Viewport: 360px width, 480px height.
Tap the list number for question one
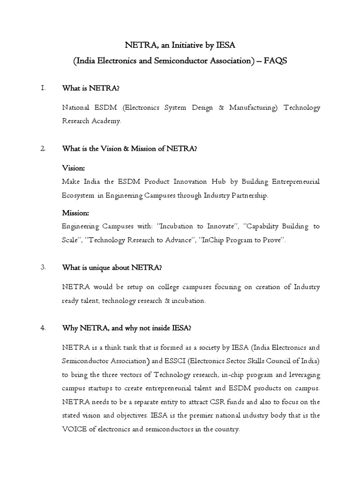43,88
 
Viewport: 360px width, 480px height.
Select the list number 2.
43,149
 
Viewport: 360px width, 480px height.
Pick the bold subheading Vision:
74,167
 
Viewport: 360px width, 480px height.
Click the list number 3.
43,268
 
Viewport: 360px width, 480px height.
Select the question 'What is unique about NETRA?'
112,268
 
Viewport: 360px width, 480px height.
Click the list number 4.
43,329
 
